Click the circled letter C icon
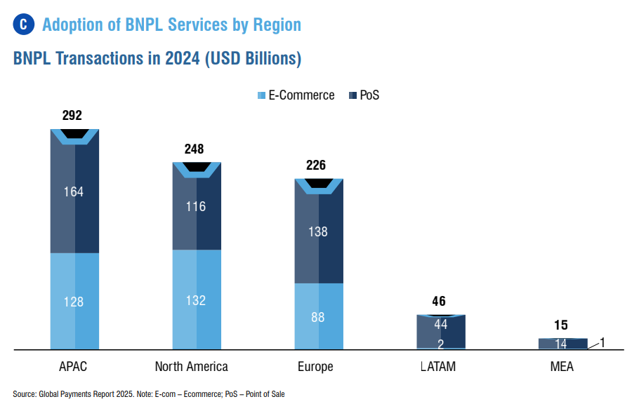(24, 25)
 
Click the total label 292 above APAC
(72, 116)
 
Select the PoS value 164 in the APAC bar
(73, 191)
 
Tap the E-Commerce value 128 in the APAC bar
(73, 302)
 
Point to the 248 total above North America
(194, 149)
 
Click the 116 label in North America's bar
(196, 207)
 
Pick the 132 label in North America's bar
(196, 301)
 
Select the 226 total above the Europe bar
(316, 166)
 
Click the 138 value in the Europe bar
(318, 232)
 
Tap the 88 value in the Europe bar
(318, 318)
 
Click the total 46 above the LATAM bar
(439, 301)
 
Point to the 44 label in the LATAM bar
(440, 324)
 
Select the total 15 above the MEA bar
(561, 325)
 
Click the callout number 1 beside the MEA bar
(602, 343)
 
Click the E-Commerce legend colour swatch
(262, 95)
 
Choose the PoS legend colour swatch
(353, 95)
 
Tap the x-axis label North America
(191, 367)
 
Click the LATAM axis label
(438, 367)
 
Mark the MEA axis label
(562, 367)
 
